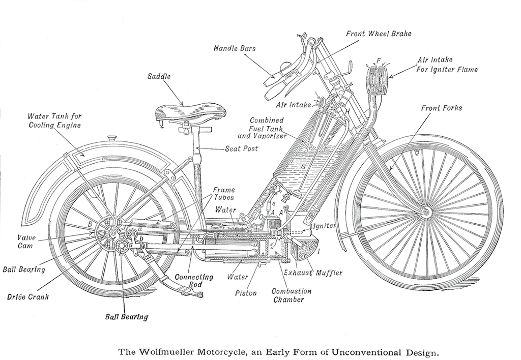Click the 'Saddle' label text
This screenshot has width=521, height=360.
click(159, 77)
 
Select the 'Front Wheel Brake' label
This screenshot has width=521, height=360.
click(379, 34)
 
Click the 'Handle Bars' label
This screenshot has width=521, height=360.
click(235, 49)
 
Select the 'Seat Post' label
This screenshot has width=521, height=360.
click(242, 149)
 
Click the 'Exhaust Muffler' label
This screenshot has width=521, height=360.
click(313, 273)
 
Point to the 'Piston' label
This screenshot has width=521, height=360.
click(246, 293)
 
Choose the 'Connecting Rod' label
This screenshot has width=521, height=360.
click(189, 281)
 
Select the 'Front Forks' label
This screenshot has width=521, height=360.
click(442, 108)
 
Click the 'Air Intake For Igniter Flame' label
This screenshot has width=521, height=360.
click(447, 65)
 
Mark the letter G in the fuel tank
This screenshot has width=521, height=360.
click(304, 166)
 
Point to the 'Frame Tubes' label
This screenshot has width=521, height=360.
click(223, 194)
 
